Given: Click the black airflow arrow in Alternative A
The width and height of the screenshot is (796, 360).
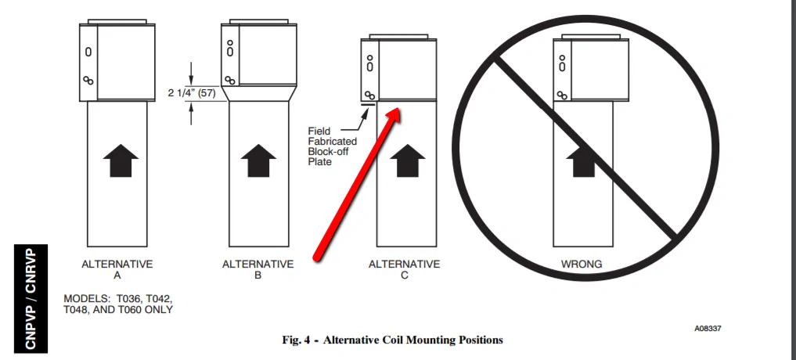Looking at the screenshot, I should (121, 162).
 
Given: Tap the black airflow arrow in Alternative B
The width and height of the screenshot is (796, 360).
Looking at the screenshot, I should (258, 162).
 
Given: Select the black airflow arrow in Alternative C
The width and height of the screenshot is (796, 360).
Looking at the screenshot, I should (407, 162).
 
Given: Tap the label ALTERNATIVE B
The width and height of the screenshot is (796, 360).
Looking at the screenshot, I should (258, 269).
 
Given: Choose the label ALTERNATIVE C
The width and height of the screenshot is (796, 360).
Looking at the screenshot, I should (405, 269).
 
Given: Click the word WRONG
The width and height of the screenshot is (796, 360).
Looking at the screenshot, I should (582, 265).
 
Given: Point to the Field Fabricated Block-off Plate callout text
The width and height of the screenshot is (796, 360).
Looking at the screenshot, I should (332, 146).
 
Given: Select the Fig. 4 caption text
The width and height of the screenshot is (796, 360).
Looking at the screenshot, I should (392, 340).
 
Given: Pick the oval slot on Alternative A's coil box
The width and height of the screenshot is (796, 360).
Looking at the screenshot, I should (88, 52).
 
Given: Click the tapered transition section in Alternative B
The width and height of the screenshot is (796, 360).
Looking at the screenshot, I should (260, 95).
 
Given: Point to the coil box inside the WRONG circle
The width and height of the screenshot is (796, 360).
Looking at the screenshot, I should (591, 70).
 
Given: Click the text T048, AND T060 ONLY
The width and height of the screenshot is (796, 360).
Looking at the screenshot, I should (117, 310).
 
